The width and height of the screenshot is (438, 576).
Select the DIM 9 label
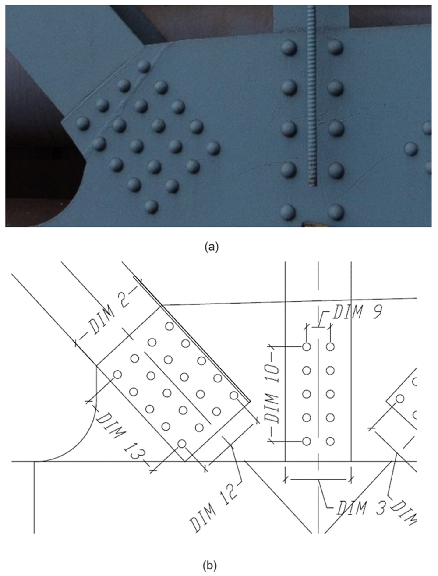pyautogui.click(x=357, y=312)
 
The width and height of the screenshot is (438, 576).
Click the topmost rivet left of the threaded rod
pyautogui.click(x=289, y=48)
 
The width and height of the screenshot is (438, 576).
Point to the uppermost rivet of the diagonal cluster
pyautogui.click(x=144, y=67)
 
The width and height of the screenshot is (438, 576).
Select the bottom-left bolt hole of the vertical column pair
pyautogui.click(x=307, y=442)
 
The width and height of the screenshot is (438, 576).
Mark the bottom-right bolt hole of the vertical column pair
pyautogui.click(x=330, y=442)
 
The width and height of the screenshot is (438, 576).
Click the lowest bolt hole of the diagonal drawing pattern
pyautogui.click(x=182, y=443)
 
